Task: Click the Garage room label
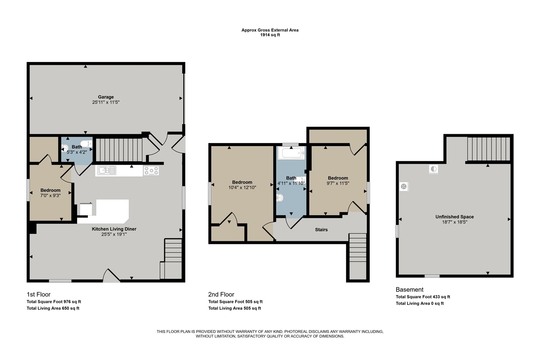pos(105,97)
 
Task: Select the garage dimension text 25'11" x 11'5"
pos(105,102)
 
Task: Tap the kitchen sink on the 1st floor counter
pos(107,170)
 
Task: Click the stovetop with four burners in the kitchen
pos(151,171)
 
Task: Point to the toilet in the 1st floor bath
pos(86,144)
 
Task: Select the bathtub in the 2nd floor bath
pos(291,153)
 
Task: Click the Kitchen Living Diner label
pos(114,229)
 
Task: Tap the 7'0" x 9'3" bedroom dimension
pos(50,195)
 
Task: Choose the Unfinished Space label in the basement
pos(454,217)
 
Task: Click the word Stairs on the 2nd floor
pos(321,230)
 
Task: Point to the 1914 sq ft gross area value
pos(270,35)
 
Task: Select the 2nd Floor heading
pos(221,295)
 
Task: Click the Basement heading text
pos(409,290)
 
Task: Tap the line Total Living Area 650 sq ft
pos(53,308)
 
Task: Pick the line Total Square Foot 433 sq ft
pos(423,297)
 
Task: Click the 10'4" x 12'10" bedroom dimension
pos(242,187)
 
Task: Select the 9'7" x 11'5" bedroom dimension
pos(338,183)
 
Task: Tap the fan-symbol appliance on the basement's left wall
pos(404,187)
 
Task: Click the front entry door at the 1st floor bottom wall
pos(111,276)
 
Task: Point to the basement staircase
pos(489,149)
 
